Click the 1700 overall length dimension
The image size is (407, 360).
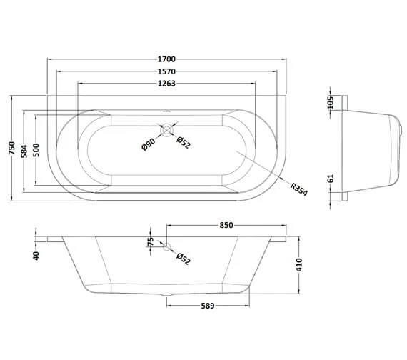pyautogui.click(x=166, y=59)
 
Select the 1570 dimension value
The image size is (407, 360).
pyautogui.click(x=166, y=71)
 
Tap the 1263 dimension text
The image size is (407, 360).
pyautogui.click(x=166, y=84)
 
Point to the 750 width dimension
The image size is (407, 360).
pyautogui.click(x=12, y=148)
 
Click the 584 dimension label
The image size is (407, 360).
pyautogui.click(x=24, y=151)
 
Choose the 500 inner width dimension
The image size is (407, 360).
pyautogui.click(x=36, y=150)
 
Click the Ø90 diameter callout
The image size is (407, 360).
pyautogui.click(x=149, y=144)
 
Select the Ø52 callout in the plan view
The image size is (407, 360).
pyautogui.click(x=184, y=143)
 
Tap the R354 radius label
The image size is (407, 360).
pyautogui.click(x=299, y=189)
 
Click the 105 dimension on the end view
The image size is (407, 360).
pyautogui.click(x=330, y=103)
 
